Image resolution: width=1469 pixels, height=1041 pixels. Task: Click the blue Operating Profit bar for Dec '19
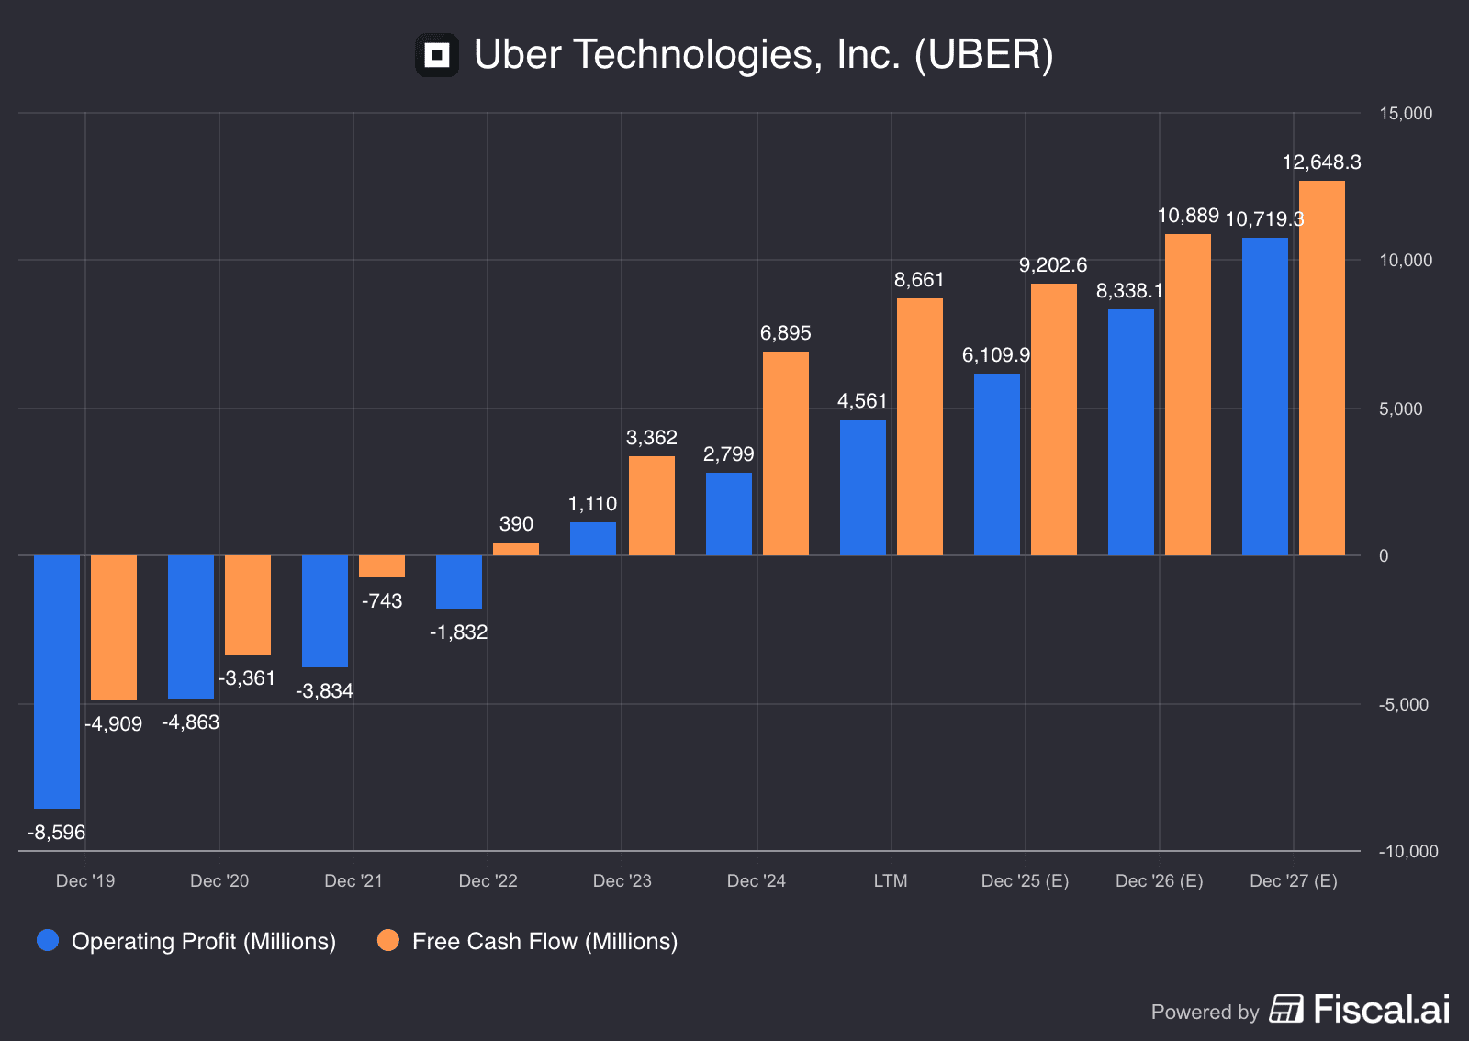click(x=57, y=681)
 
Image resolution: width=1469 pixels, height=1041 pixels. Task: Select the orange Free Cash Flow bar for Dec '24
click(x=786, y=453)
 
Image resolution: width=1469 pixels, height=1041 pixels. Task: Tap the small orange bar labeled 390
click(x=516, y=549)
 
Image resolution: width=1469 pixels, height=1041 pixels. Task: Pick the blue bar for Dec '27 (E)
click(x=1265, y=397)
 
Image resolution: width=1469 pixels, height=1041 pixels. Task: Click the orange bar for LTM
click(x=920, y=427)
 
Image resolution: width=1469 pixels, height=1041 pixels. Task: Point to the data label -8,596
click(x=56, y=833)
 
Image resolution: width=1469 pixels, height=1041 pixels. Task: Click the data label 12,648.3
click(x=1321, y=162)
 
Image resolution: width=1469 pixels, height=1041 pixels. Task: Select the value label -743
click(x=382, y=601)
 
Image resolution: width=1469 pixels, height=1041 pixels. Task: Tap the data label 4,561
click(x=862, y=401)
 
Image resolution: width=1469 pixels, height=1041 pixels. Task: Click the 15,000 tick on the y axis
click(x=1406, y=114)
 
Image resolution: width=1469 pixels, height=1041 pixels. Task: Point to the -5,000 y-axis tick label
click(x=1403, y=705)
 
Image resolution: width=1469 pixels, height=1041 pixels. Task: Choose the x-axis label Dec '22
click(x=488, y=881)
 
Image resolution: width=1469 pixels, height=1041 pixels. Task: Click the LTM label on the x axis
click(x=891, y=881)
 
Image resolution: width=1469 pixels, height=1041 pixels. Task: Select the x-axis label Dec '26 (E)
click(x=1159, y=881)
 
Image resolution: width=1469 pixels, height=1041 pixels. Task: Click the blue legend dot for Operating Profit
click(x=48, y=940)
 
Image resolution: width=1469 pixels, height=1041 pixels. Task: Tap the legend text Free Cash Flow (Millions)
click(x=544, y=942)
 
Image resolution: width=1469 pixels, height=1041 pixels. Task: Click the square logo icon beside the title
click(x=437, y=55)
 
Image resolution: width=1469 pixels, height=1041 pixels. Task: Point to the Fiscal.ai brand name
click(x=1382, y=1010)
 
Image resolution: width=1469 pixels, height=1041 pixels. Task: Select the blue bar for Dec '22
click(x=459, y=582)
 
